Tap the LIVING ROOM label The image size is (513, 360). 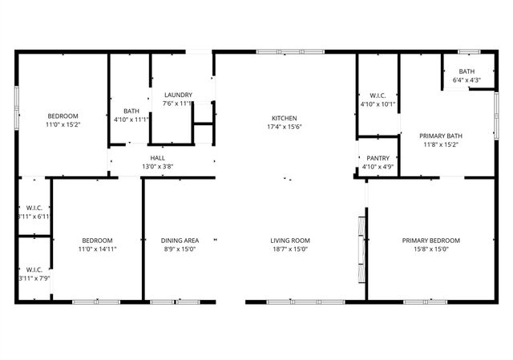(289, 241)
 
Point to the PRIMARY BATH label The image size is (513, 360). (442, 136)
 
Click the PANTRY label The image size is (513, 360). (378, 159)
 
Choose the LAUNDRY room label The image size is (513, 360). (177, 95)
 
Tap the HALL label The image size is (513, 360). (158, 158)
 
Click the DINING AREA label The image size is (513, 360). (180, 241)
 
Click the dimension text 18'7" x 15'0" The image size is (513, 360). (289, 249)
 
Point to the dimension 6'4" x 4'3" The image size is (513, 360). (467, 80)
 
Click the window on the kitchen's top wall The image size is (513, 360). (290, 52)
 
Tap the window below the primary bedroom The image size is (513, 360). (425, 302)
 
